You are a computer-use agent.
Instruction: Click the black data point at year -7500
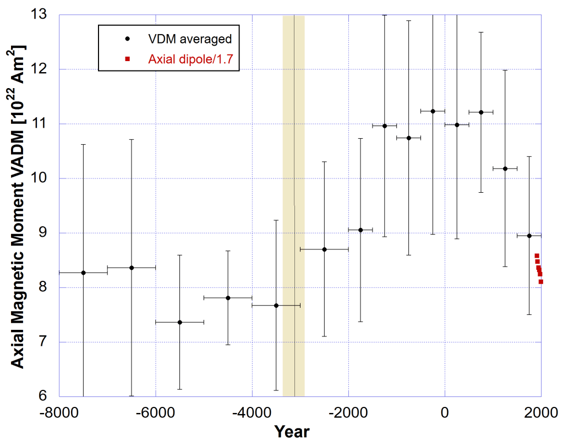[x=83, y=273]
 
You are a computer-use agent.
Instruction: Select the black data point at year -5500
[x=179, y=322]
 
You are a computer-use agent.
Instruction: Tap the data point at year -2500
[x=324, y=249]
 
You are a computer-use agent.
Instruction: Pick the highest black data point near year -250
[x=433, y=111]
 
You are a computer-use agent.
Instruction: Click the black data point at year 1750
[x=529, y=236]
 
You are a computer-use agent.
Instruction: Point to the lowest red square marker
[x=541, y=281]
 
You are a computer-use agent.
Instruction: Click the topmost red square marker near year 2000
[x=537, y=255]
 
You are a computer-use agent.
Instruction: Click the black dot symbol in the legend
[x=128, y=39]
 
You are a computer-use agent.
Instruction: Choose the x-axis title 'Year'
[x=292, y=431]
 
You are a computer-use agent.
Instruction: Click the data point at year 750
[x=481, y=112]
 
